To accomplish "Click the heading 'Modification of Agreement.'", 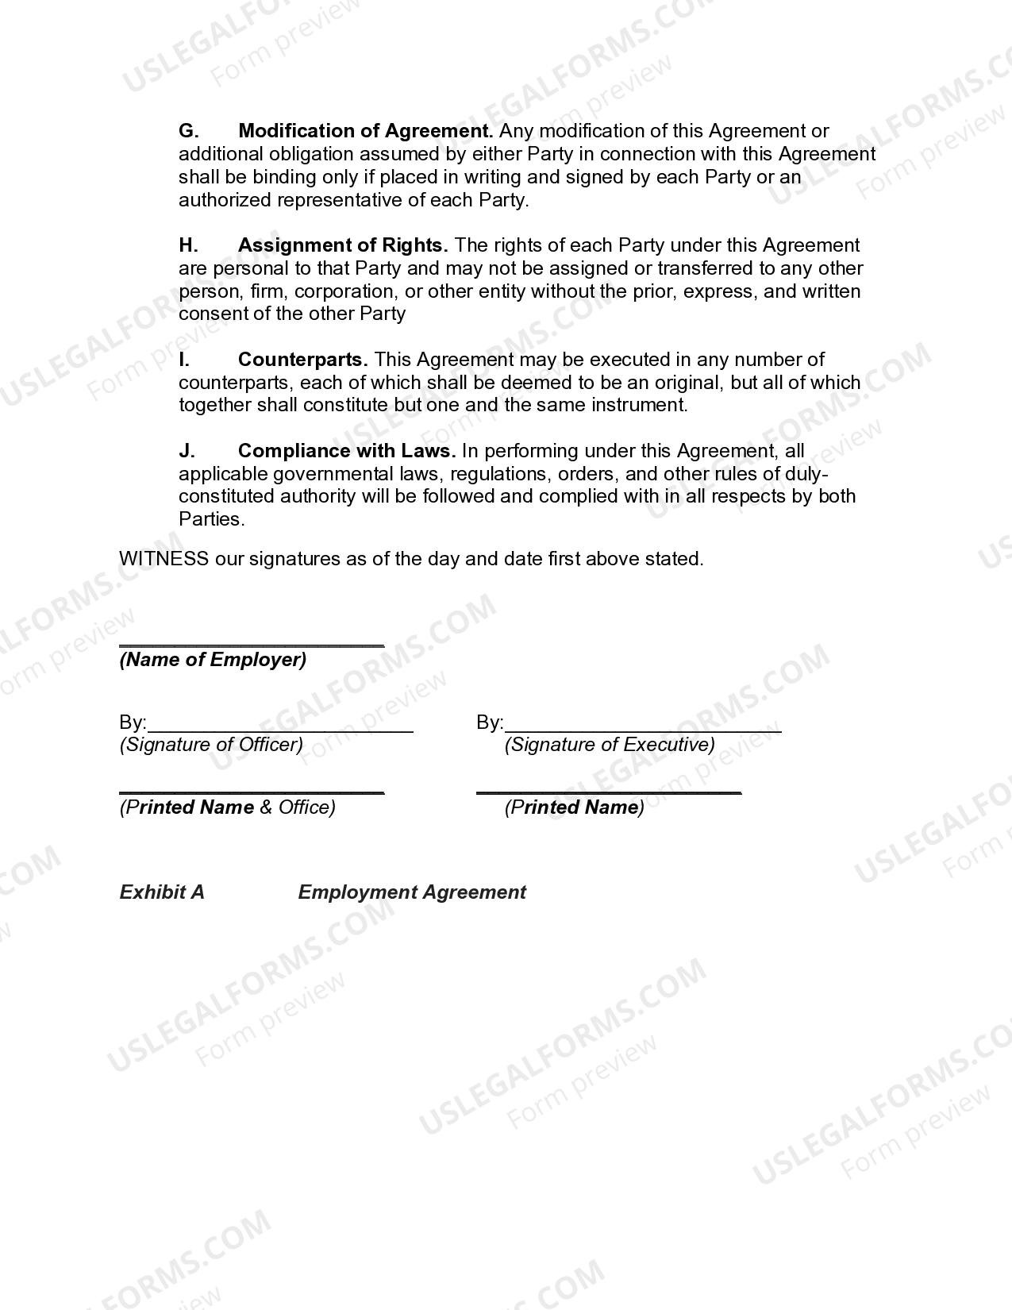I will (x=365, y=131).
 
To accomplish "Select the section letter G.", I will (x=188, y=131).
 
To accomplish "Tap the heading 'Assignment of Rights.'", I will (x=343, y=245).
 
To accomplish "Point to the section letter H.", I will (x=188, y=245).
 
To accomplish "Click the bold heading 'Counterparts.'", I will (x=303, y=360).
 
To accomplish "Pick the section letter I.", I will (x=184, y=360).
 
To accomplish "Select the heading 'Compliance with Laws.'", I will (x=347, y=451).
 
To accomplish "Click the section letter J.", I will (x=187, y=451).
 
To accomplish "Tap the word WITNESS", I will (x=164, y=559).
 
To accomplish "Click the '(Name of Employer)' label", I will (x=213, y=660).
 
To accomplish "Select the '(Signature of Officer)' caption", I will (x=211, y=745).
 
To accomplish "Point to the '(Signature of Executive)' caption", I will (x=610, y=745).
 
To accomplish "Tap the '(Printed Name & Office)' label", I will (x=228, y=807).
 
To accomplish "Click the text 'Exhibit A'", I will (x=162, y=892).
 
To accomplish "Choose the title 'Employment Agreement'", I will (x=412, y=892).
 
